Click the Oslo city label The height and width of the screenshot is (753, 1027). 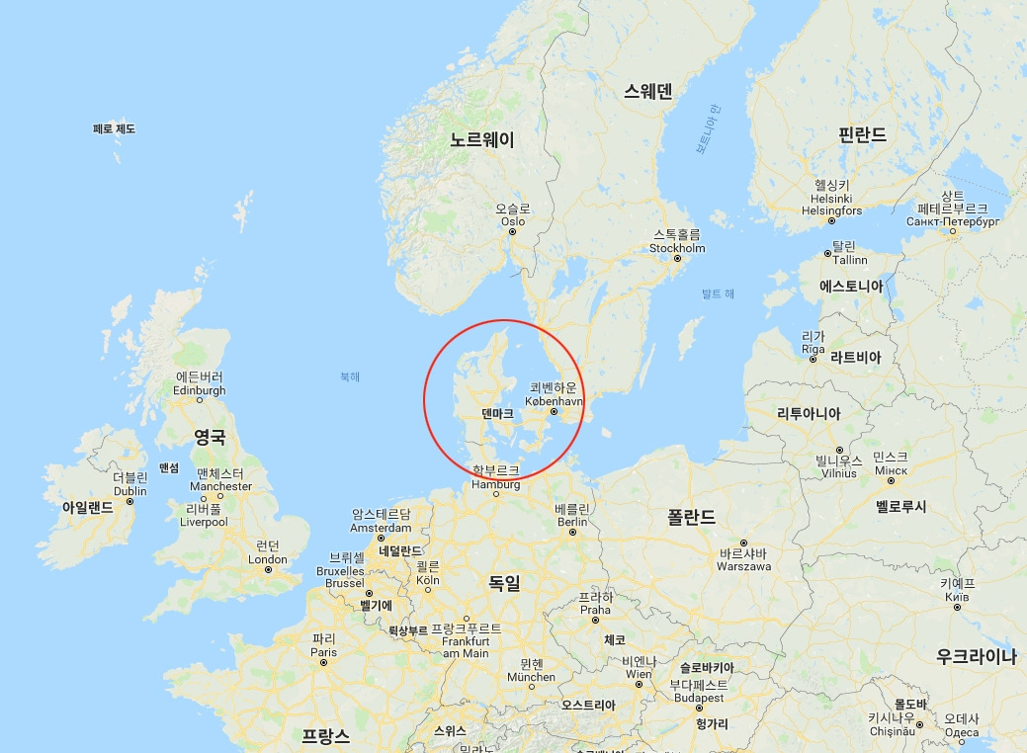tap(512, 221)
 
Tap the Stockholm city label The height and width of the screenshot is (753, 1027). tap(677, 248)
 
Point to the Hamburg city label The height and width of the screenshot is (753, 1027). tap(495, 484)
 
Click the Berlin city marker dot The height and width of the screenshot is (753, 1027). tap(572, 533)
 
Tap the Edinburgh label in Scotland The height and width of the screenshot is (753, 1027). tap(199, 390)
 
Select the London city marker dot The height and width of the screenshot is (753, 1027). tap(268, 570)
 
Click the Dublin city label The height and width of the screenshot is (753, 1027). tap(129, 491)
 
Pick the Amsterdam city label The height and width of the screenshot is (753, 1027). tap(381, 528)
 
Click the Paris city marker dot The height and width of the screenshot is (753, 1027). tap(323, 664)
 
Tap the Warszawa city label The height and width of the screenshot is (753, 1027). tap(743, 566)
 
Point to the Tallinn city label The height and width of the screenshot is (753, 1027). tap(849, 260)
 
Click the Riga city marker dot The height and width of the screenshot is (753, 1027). tap(813, 359)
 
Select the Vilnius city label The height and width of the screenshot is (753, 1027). tap(838, 473)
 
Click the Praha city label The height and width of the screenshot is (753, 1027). tap(595, 610)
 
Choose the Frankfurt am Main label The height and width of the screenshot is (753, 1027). tap(466, 646)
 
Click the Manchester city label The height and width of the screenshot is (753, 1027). tap(223, 486)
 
